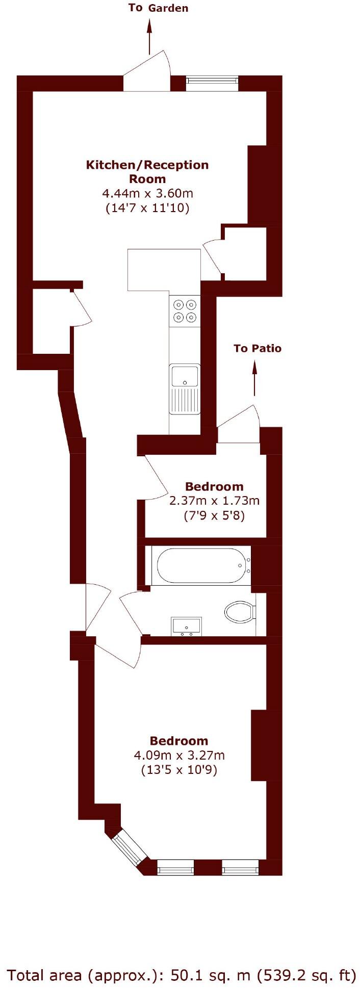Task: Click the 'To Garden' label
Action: pyautogui.click(x=158, y=8)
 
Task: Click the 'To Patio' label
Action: pyautogui.click(x=257, y=348)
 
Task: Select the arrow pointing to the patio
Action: pyautogui.click(x=254, y=378)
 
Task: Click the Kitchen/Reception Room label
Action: pyautogui.click(x=147, y=172)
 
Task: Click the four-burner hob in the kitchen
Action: pyautogui.click(x=185, y=311)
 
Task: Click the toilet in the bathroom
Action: pyautogui.click(x=240, y=612)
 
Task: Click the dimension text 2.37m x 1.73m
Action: pyautogui.click(x=214, y=501)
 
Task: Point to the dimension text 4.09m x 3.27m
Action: pyautogui.click(x=179, y=755)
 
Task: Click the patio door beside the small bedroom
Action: pyautogui.click(x=239, y=426)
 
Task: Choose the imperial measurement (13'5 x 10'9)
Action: pyautogui.click(x=179, y=770)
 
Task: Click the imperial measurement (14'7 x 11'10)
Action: pyautogui.click(x=147, y=208)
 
